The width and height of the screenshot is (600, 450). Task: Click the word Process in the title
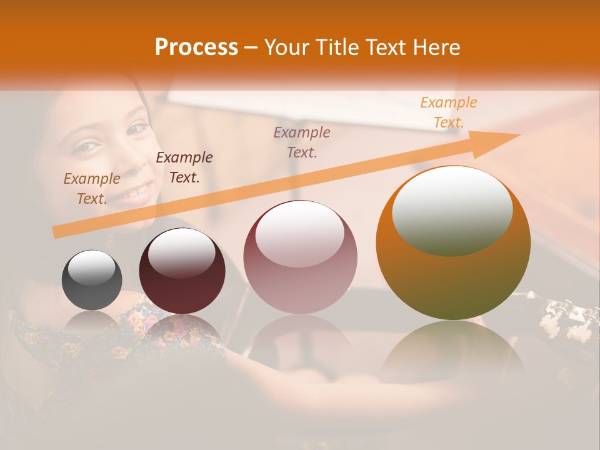pos(196,47)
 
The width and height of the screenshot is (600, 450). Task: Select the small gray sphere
pos(92,280)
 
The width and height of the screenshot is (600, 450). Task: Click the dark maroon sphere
pos(182,271)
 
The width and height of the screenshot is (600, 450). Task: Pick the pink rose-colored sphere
pos(300,257)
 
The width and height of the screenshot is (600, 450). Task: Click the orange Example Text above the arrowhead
pos(448,112)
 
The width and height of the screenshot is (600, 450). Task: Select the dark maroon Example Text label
pos(184,167)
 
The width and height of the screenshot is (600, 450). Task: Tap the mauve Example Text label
pos(302,142)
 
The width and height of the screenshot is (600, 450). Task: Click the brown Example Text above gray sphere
pos(92,189)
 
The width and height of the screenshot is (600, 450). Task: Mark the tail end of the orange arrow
pos(56,233)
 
